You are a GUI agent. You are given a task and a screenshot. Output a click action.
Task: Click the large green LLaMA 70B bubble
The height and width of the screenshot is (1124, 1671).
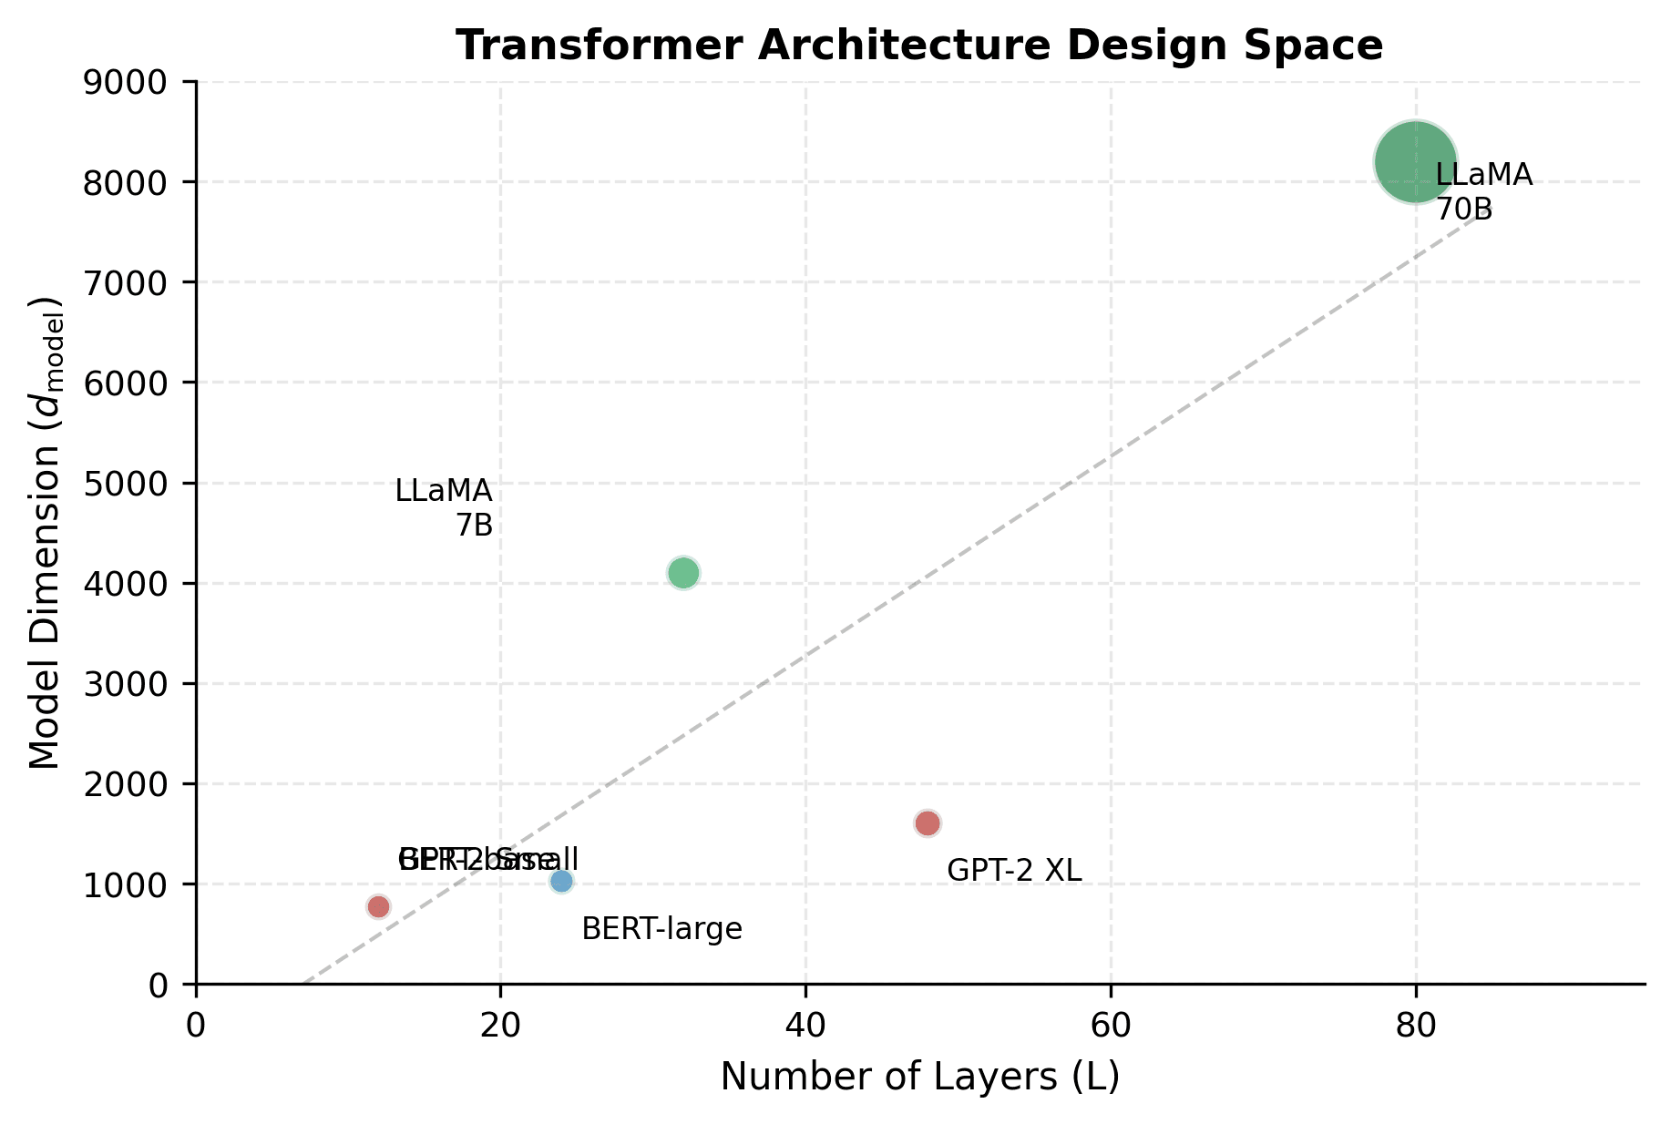click(x=1414, y=161)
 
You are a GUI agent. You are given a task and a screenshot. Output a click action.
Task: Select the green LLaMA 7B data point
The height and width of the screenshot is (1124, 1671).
click(x=683, y=573)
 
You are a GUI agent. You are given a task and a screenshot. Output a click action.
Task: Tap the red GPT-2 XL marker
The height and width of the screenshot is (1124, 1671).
click(x=927, y=823)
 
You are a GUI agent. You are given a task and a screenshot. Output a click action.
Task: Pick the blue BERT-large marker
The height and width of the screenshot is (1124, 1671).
click(x=561, y=881)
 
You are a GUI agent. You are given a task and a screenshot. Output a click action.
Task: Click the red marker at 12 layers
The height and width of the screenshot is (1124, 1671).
click(x=378, y=906)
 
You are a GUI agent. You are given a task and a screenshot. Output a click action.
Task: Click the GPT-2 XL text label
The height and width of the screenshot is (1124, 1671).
click(x=1014, y=871)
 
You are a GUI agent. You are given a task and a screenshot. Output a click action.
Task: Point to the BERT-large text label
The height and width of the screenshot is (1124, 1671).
click(x=661, y=930)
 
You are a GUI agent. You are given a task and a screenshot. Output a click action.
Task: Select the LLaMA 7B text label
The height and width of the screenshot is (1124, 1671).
click(x=445, y=508)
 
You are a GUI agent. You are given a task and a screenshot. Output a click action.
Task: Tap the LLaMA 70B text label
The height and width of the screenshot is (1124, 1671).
click(x=1483, y=192)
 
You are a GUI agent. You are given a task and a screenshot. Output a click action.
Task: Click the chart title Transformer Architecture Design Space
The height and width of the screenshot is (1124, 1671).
click(x=919, y=46)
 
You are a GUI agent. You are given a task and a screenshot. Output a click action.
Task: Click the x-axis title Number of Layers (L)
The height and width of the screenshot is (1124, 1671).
click(x=919, y=1078)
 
